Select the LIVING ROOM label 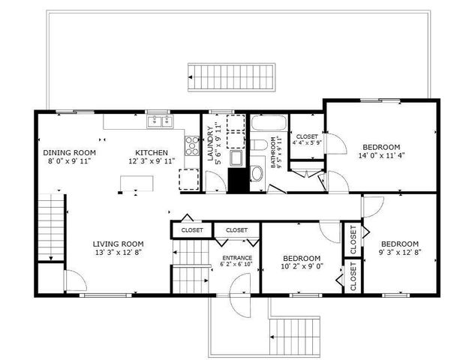click(118, 244)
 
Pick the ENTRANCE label click(236, 258)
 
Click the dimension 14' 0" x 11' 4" click(383, 156)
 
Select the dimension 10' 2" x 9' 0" click(302, 266)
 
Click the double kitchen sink click(159, 121)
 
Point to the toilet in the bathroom click(256, 145)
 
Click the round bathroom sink click(256, 174)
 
